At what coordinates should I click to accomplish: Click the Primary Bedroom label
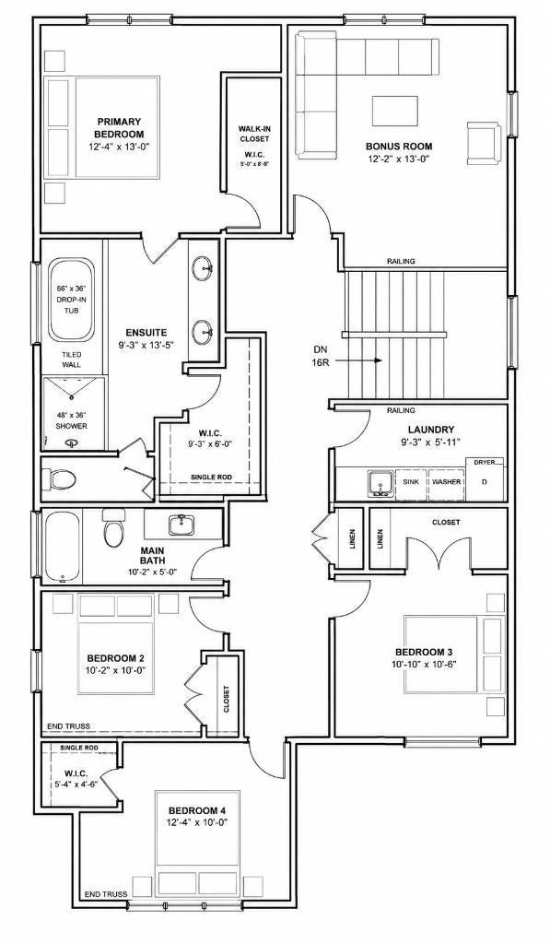[119, 127]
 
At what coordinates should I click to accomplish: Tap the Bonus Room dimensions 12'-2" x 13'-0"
[400, 159]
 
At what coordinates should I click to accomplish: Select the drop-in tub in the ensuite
[72, 300]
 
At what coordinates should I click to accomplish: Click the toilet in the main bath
[113, 527]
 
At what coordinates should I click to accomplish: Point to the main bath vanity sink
[181, 525]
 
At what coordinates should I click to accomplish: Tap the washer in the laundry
[447, 481]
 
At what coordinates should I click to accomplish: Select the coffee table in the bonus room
[395, 111]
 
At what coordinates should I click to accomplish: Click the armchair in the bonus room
[484, 143]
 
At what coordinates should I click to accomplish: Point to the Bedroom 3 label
[424, 652]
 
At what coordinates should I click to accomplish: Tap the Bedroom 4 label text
[197, 810]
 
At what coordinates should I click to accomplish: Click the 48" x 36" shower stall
[72, 413]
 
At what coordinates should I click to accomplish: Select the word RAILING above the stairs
[401, 261]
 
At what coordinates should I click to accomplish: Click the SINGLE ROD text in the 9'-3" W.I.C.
[211, 478]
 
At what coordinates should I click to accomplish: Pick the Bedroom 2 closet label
[227, 699]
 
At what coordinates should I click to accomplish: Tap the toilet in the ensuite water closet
[60, 479]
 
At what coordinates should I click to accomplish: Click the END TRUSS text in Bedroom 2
[68, 726]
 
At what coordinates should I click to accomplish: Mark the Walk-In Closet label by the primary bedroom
[253, 134]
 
